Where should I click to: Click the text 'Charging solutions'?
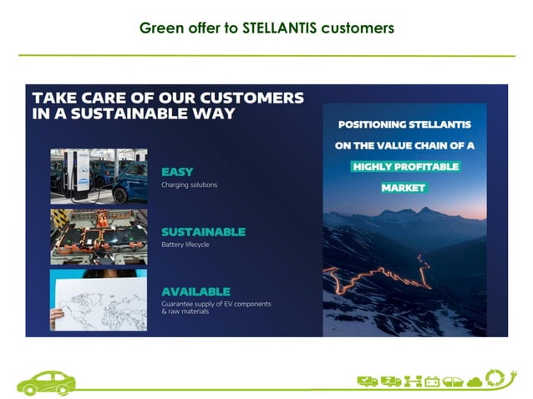coord(189,184)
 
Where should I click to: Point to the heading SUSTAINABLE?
coord(203,231)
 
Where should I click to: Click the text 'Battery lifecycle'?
coord(186,245)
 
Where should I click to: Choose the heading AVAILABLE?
coord(195,291)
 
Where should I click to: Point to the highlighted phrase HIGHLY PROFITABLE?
coord(405,167)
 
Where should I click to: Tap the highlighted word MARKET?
coord(404,188)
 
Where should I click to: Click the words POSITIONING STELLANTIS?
coord(404,125)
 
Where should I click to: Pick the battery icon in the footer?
coord(432,381)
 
